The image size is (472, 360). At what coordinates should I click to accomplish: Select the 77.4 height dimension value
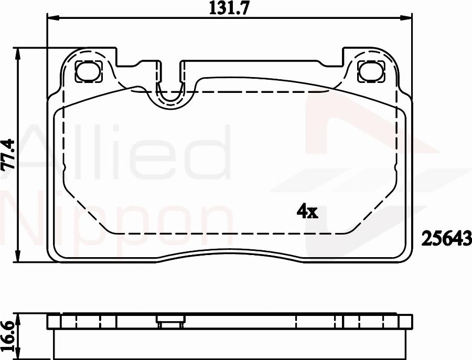(7, 155)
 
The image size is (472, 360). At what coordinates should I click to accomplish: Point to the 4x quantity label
(307, 211)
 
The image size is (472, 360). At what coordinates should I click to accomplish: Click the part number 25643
(446, 239)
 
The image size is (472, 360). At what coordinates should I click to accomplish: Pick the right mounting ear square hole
(372, 71)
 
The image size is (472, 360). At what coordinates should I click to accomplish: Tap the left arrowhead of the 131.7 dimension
(51, 18)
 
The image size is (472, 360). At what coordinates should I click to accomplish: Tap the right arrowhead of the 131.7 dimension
(408, 18)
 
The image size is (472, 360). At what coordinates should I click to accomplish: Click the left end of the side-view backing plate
(50, 322)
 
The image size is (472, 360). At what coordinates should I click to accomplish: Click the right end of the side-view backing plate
(410, 322)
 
